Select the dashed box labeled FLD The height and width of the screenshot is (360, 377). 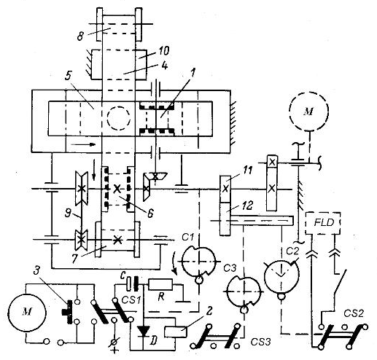[322, 223]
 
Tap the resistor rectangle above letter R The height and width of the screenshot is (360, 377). [160, 284]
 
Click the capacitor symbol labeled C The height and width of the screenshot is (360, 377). [132, 283]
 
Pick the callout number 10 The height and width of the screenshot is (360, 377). [163, 51]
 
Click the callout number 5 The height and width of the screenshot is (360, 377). [68, 76]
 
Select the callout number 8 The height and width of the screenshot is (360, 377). [80, 36]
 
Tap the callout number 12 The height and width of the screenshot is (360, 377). [247, 206]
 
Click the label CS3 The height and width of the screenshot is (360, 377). [260, 342]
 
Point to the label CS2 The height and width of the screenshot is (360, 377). [354, 313]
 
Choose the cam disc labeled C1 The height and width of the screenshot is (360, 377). [199, 261]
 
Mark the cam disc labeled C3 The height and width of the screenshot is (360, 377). [244, 291]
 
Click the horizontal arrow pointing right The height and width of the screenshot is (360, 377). [82, 144]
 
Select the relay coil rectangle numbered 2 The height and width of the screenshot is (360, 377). [176, 332]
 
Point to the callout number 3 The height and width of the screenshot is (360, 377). [36, 271]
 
